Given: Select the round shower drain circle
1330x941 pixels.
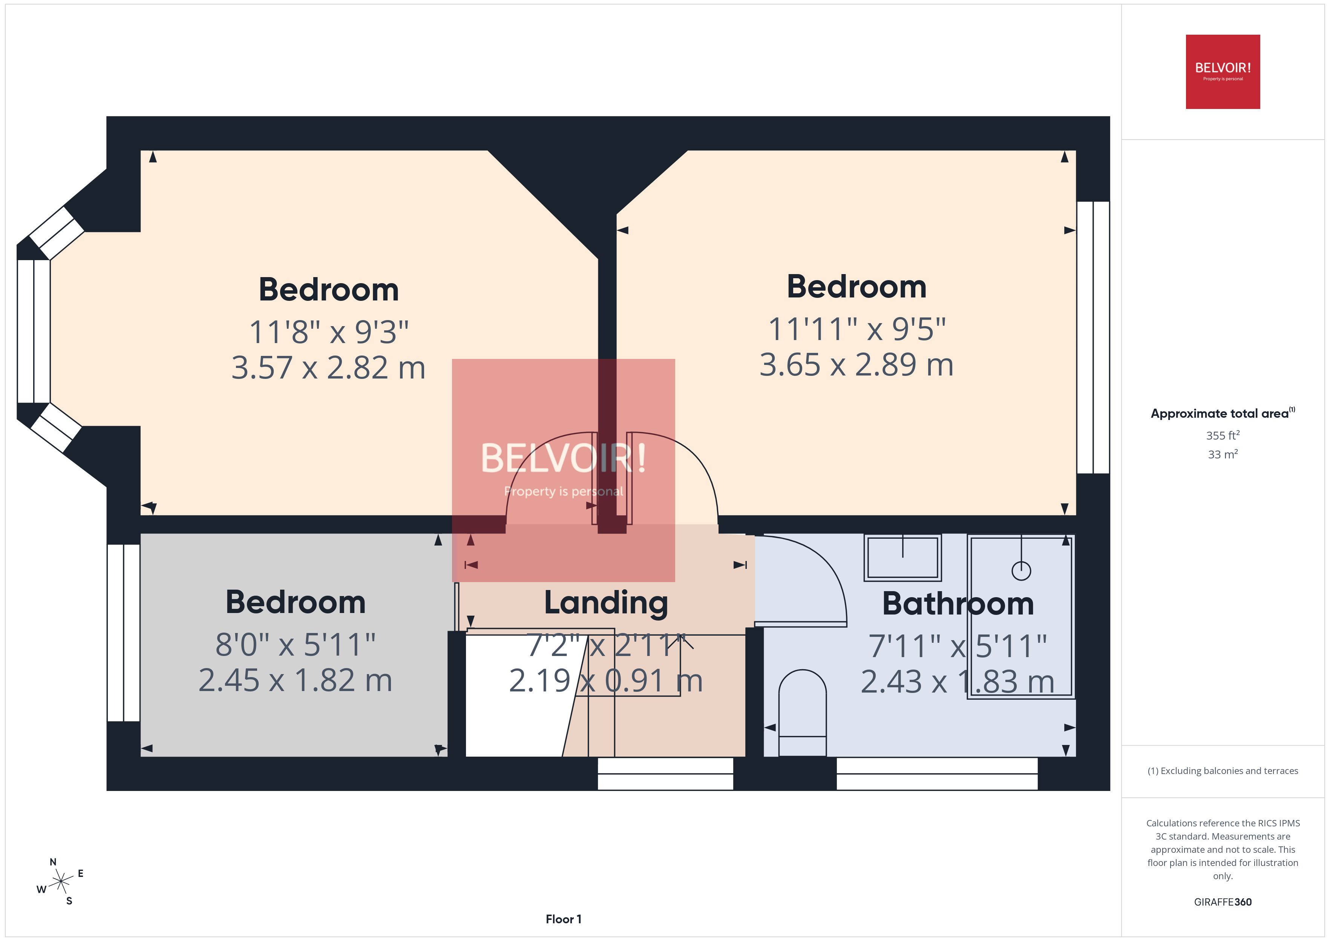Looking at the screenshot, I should [1021, 571].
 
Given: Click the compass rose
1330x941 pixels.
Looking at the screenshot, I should [60, 882].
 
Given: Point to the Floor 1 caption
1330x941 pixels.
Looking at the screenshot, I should [563, 919].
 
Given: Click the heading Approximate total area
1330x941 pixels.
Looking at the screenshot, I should [1220, 413].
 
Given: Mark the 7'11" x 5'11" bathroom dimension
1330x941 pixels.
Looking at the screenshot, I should [958, 646].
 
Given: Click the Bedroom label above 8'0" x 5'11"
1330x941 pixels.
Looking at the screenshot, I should [296, 602].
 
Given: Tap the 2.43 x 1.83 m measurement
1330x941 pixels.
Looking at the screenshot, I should [958, 681].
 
